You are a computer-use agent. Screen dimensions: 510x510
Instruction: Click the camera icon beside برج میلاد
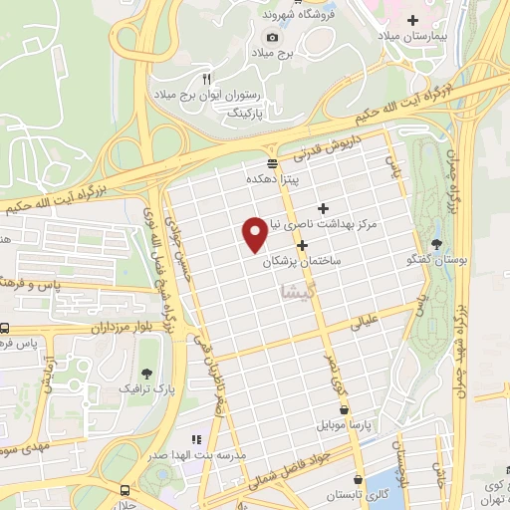(x=272, y=37)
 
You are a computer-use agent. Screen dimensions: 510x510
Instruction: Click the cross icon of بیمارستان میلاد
(x=439, y=20)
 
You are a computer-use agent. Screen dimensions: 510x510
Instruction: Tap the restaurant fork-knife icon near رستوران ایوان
(x=207, y=77)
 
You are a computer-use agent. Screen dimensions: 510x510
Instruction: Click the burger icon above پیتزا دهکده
(x=272, y=164)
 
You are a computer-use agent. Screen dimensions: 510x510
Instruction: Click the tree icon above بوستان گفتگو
(x=438, y=244)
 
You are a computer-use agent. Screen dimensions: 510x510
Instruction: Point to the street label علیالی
(x=364, y=323)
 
